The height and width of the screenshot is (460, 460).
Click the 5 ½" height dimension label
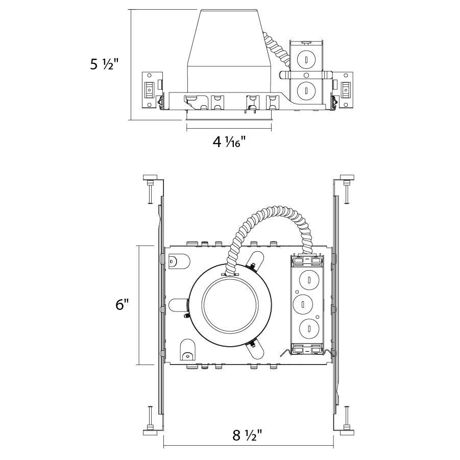pos(104,65)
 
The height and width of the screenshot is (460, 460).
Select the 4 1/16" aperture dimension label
pos(229,141)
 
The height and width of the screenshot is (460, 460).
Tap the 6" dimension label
pos(122,305)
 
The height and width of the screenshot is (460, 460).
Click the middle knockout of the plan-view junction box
pos(304,304)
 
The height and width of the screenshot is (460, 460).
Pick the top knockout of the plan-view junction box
pos(309,280)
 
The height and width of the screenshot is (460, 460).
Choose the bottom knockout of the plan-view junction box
pos(309,329)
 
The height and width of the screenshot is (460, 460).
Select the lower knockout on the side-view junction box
pos(305,91)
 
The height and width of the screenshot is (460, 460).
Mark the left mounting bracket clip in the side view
pos(150,90)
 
